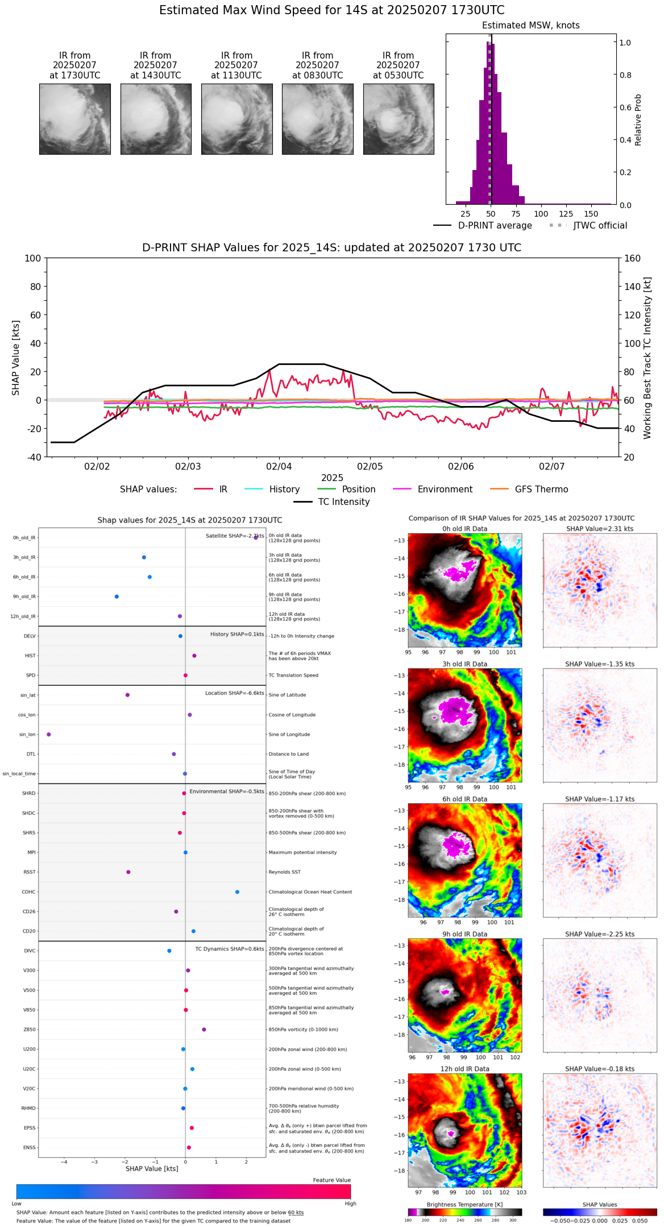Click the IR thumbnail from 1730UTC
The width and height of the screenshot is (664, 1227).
coord(75,119)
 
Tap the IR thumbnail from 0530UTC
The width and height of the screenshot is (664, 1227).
coord(399,119)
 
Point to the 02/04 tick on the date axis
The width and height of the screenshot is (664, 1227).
coord(279,466)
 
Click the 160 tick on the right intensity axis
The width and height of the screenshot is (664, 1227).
coord(632,259)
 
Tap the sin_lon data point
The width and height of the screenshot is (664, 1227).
coord(49,735)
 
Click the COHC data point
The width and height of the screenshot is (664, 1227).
coord(237,892)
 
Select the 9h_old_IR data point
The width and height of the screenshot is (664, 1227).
coord(117,596)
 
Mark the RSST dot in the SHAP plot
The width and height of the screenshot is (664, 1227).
coord(128,872)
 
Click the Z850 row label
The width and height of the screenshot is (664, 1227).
coord(29,1030)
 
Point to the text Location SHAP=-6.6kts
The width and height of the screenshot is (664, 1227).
coord(234,693)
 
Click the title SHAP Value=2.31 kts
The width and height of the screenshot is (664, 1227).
coord(599,529)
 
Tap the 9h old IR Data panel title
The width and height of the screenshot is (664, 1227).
coord(464,934)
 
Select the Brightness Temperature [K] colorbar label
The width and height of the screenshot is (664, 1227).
coord(464,1204)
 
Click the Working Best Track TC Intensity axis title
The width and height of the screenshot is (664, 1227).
coord(648,358)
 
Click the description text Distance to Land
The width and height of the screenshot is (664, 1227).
coord(288,755)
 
